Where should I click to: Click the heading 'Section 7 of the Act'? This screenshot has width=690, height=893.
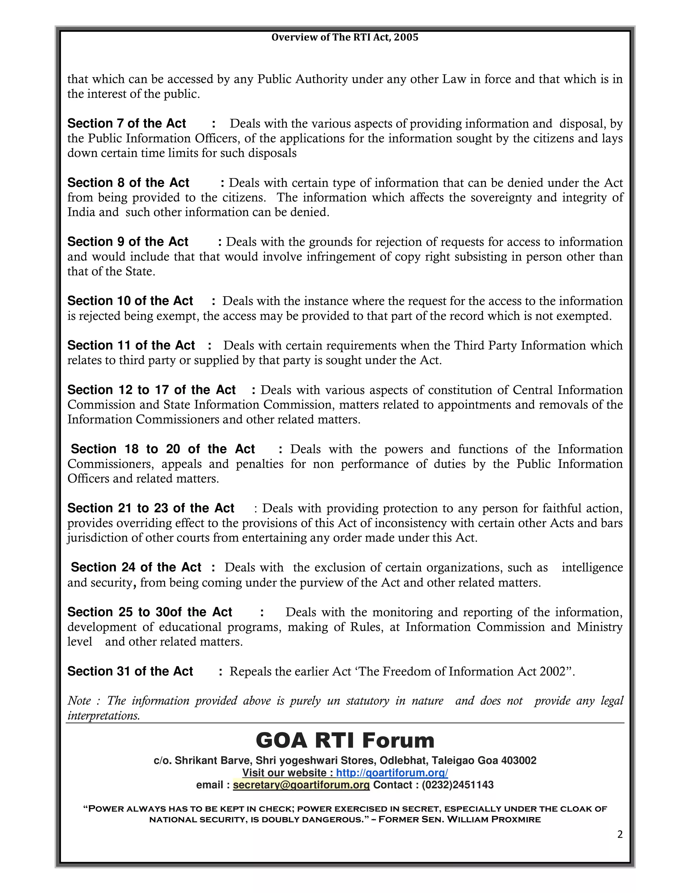126,123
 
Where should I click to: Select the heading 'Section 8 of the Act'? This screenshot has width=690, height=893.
128,182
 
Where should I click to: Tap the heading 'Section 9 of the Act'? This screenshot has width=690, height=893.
128,242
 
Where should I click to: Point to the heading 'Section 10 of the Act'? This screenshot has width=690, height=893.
130,301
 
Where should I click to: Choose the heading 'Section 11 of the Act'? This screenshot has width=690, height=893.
131,345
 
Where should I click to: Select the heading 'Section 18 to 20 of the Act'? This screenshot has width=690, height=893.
162,449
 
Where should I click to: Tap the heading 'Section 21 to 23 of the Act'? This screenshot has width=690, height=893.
150,508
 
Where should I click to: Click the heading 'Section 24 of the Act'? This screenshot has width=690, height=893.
136,567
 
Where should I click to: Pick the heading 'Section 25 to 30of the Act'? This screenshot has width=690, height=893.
150,612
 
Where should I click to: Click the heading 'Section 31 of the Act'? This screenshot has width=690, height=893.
130,671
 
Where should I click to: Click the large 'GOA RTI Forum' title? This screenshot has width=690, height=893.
345,740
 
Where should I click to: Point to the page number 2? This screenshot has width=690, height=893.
620,834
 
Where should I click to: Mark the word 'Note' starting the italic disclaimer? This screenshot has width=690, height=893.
79,701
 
